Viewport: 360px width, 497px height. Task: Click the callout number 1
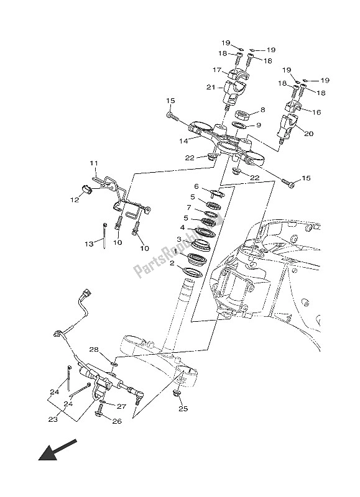[175, 253]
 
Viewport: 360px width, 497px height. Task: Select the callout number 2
[173, 263]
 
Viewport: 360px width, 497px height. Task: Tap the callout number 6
[196, 186]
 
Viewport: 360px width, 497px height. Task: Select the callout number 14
[183, 142]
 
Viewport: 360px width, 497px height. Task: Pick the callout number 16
[316, 113]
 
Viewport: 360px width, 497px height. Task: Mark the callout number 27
[122, 407]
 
